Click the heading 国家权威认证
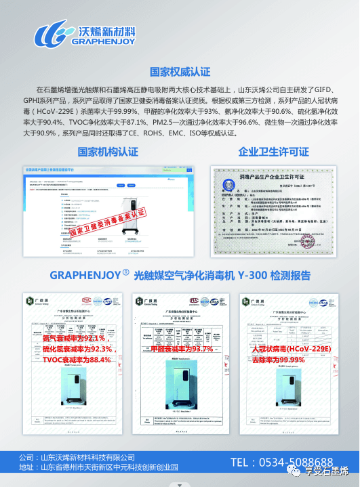pos(179,72)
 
